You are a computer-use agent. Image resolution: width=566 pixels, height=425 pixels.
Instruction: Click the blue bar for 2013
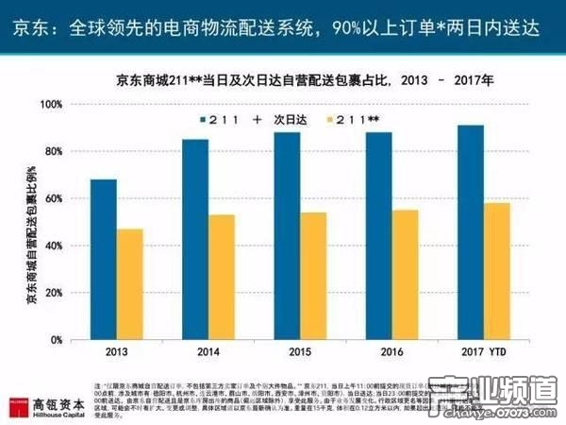pyautogui.click(x=104, y=259)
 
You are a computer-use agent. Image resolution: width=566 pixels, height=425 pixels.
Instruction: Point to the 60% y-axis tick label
pyautogui.click(x=53, y=198)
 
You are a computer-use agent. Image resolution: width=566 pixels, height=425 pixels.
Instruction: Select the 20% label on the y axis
pyautogui.click(x=53, y=293)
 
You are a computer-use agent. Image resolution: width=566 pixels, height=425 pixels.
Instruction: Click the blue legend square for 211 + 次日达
pyautogui.click(x=203, y=120)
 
